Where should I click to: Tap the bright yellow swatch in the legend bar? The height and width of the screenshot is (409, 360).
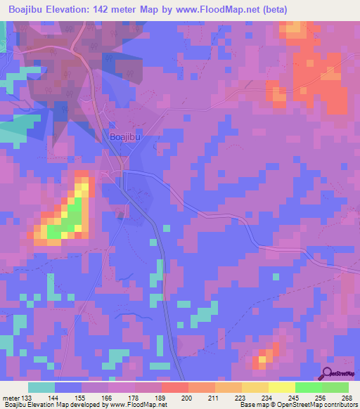tap(282, 387)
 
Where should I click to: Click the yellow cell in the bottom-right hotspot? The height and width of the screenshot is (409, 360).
tap(263, 359)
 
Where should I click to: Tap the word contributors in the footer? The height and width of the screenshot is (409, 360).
tap(339, 405)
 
